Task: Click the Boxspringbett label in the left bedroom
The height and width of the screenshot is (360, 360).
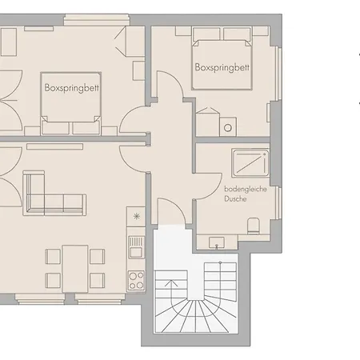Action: coord(72,88)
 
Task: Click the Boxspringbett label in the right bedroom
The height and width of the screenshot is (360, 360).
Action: coord(222,67)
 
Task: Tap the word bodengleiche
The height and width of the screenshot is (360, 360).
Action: coord(246,190)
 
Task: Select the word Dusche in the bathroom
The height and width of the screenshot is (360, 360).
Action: coord(235,198)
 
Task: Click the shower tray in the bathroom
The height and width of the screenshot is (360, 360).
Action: coord(250,163)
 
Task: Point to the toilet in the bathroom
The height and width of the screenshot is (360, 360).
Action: coord(253,226)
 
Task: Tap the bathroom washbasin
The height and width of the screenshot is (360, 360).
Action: coord(217,243)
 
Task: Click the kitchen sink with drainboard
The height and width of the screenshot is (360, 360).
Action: coord(136,247)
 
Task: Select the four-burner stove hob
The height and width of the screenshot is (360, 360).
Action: coord(136,280)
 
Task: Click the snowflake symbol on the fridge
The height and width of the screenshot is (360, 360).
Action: coord(137,216)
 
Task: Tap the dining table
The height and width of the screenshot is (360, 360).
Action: coord(75,269)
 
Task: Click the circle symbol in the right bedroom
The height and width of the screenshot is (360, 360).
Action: coord(227,128)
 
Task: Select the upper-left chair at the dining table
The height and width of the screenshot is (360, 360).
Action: coord(53,257)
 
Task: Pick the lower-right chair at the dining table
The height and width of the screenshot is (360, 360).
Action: coord(97,281)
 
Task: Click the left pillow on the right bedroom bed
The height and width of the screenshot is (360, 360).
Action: coord(206,34)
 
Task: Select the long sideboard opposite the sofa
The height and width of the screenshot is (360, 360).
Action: coord(54,146)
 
